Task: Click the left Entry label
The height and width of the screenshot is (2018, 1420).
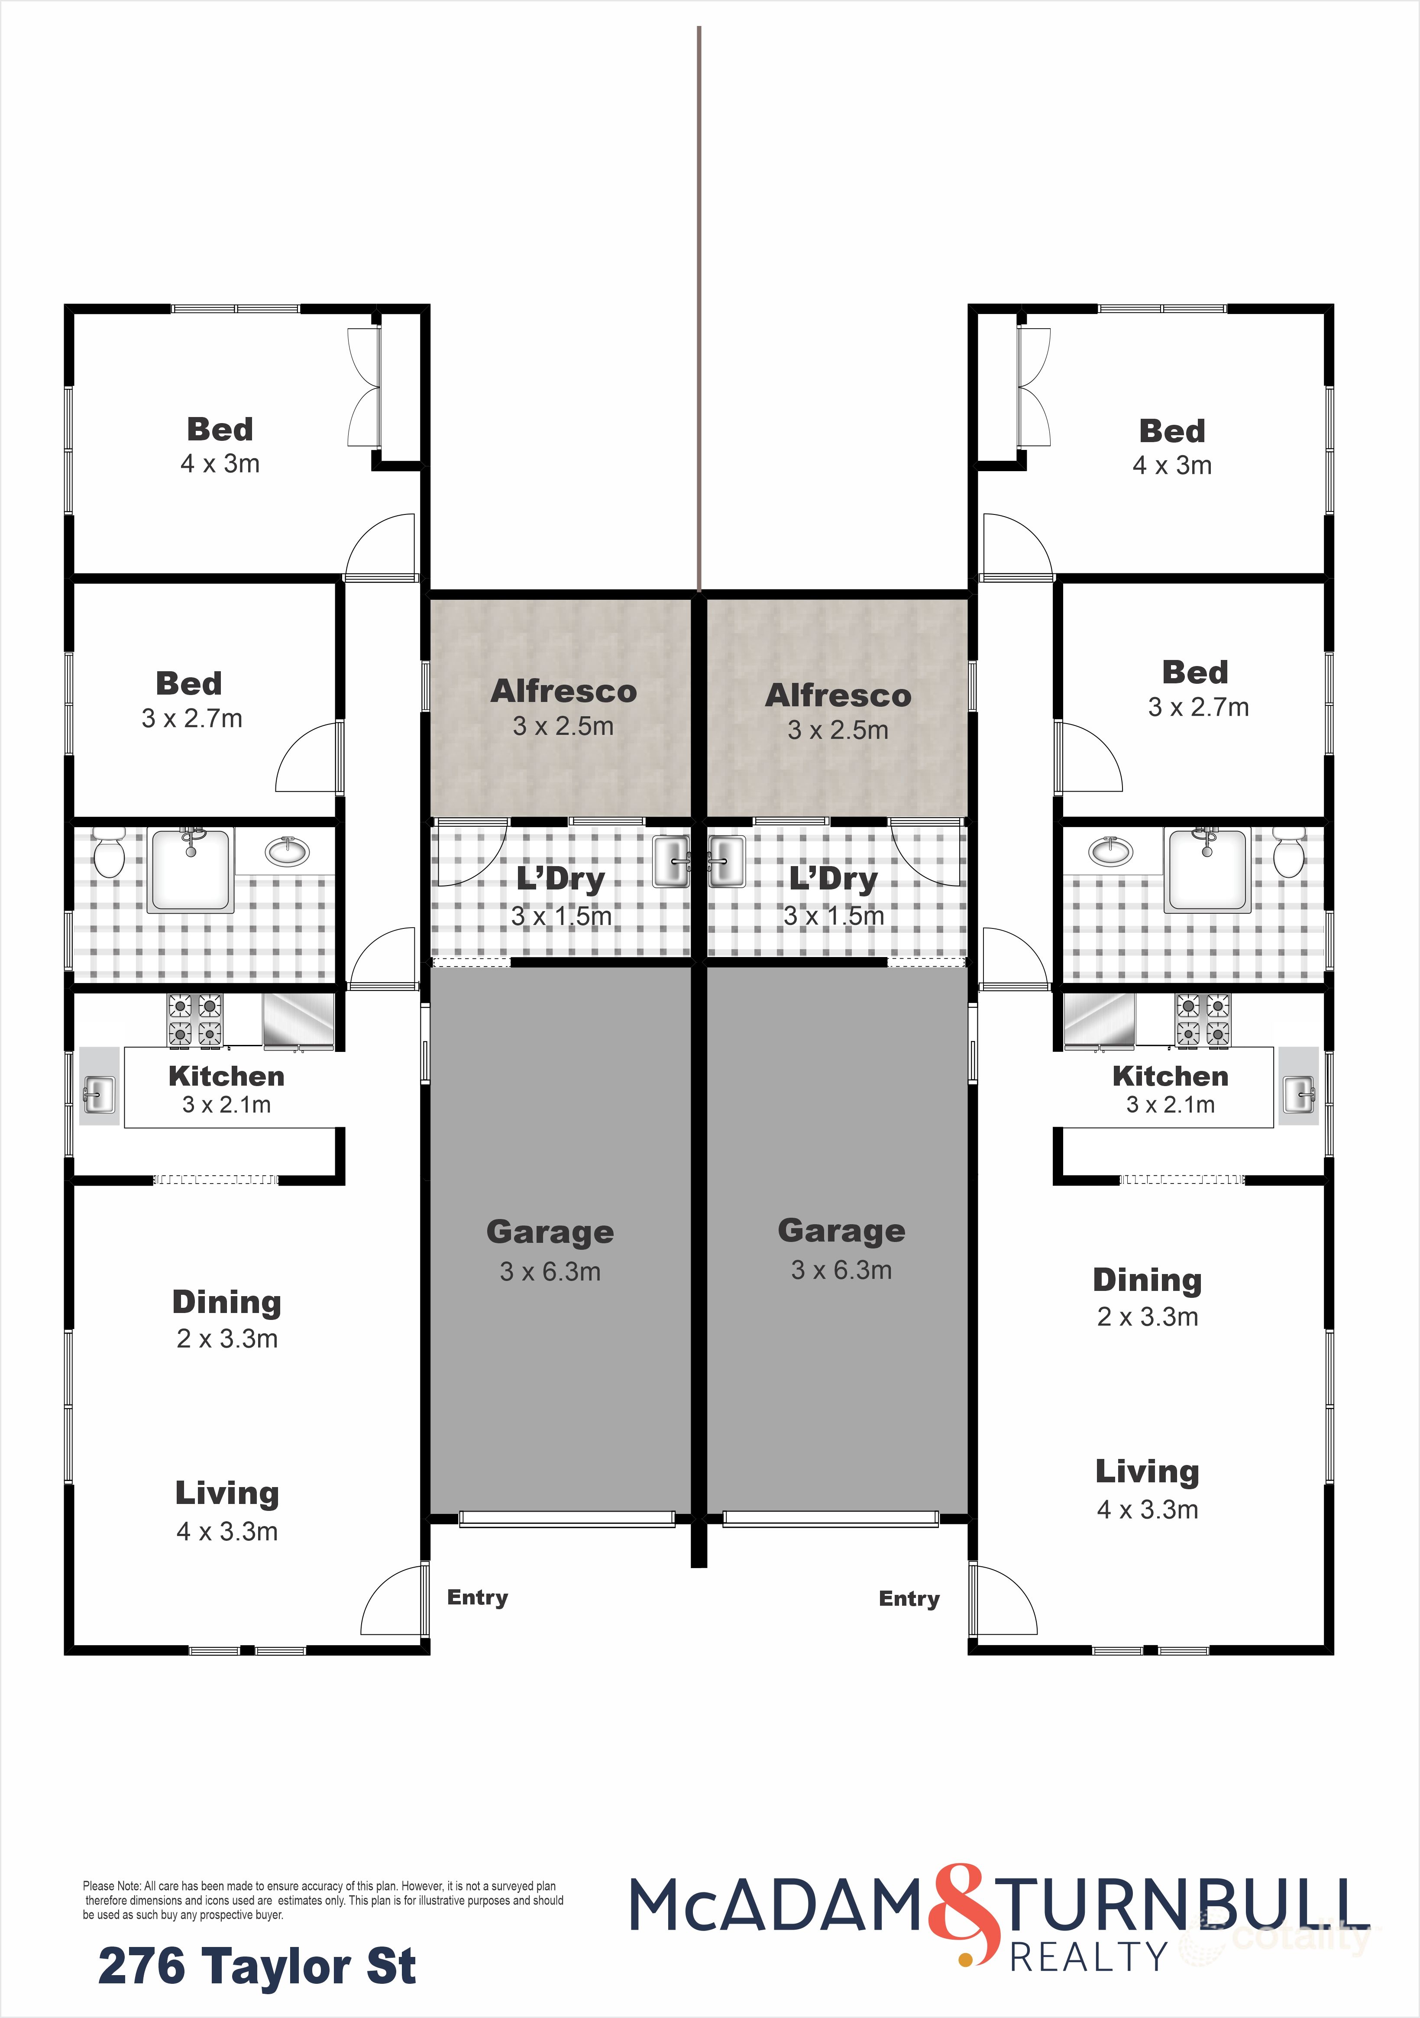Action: click(x=477, y=1597)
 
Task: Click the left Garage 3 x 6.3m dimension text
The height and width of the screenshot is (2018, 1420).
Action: click(x=550, y=1272)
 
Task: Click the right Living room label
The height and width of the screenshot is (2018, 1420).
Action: click(x=1147, y=1471)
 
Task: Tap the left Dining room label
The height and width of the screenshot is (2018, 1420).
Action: click(x=227, y=1302)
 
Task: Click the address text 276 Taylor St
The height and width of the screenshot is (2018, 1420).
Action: click(x=256, y=1966)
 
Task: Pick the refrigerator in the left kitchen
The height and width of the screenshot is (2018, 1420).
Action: click(x=298, y=1021)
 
